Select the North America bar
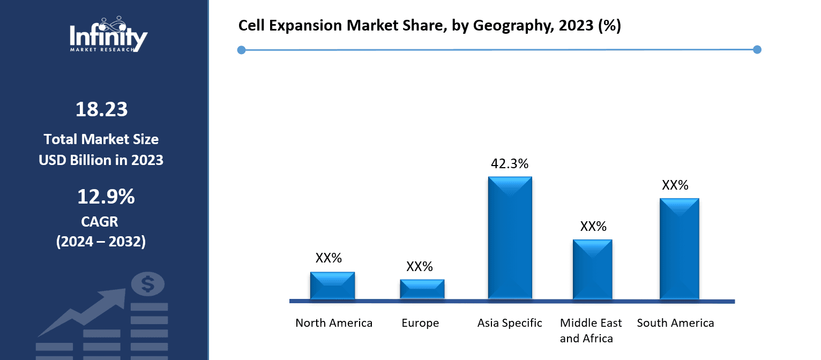coord(332,286)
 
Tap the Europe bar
coord(422,289)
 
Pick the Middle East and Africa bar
coord(592,269)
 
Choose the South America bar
coord(679,249)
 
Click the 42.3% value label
coord(510,164)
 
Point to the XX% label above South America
coord(675,185)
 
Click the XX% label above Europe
coord(420,266)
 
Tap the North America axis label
coord(334,323)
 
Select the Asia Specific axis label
coord(510,323)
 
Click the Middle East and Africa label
coord(591,331)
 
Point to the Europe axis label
coord(420,323)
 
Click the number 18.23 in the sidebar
coord(101,109)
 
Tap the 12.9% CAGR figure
coord(106,197)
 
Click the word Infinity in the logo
coord(108,37)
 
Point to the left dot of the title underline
coord(241,50)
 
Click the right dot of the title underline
coord(757,50)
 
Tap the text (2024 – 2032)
coord(101,242)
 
